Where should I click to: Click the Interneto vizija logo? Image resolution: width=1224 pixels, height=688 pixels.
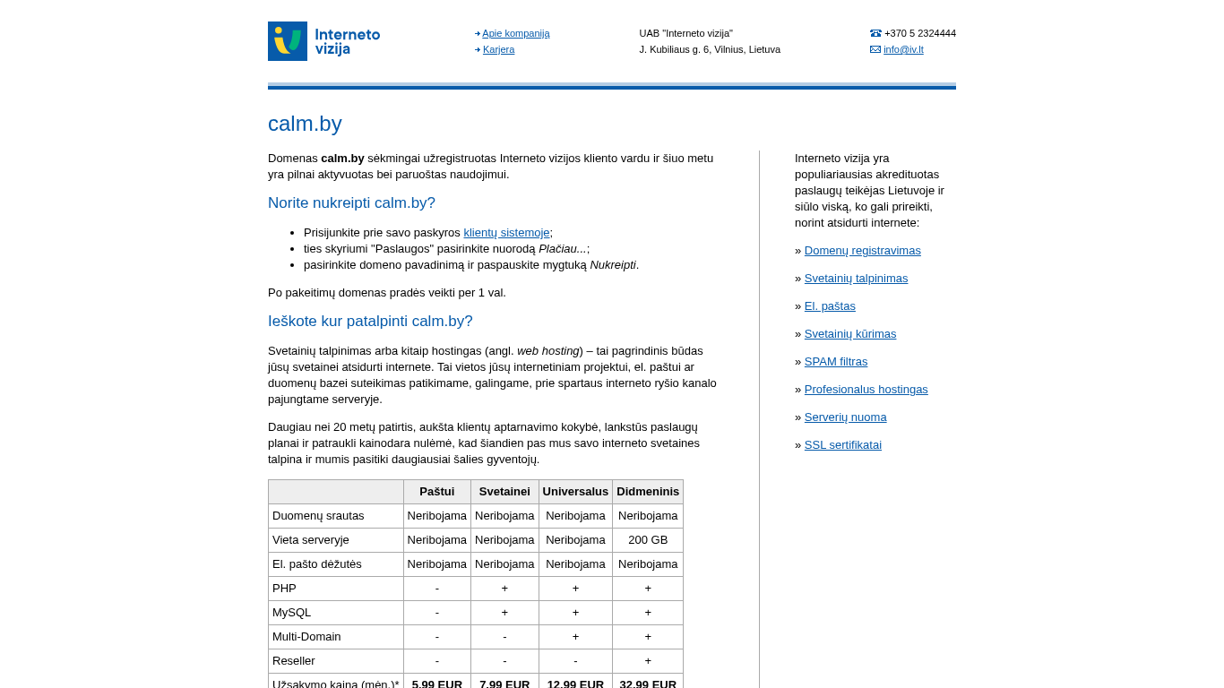324,41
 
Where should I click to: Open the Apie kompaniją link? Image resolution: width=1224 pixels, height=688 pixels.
516,33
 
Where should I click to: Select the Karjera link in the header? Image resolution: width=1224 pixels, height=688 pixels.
498,49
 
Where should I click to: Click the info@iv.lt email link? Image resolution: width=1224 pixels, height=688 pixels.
903,49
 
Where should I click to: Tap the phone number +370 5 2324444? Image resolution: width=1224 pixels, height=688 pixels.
919,33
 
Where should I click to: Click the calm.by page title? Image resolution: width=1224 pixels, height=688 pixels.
305,124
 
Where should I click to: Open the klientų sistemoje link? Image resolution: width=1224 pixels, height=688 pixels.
506,232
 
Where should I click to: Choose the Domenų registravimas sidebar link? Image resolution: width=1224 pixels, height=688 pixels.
862,250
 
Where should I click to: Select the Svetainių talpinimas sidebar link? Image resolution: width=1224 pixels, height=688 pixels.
856,278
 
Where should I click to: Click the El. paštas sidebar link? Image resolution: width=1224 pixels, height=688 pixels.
830,305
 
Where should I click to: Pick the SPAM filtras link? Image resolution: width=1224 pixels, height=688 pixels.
836,361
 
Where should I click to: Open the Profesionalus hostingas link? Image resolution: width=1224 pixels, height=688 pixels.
866,389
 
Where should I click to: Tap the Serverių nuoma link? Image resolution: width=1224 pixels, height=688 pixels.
845,417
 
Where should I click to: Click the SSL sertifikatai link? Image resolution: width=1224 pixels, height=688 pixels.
842,444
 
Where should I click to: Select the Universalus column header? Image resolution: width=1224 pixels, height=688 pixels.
575,491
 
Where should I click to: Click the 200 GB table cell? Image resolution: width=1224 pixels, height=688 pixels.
648,539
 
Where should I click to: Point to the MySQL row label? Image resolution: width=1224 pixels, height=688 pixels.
292,612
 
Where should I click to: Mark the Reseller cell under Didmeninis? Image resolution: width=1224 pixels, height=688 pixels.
648,660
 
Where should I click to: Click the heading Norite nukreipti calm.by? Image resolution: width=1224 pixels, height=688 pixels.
351,203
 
